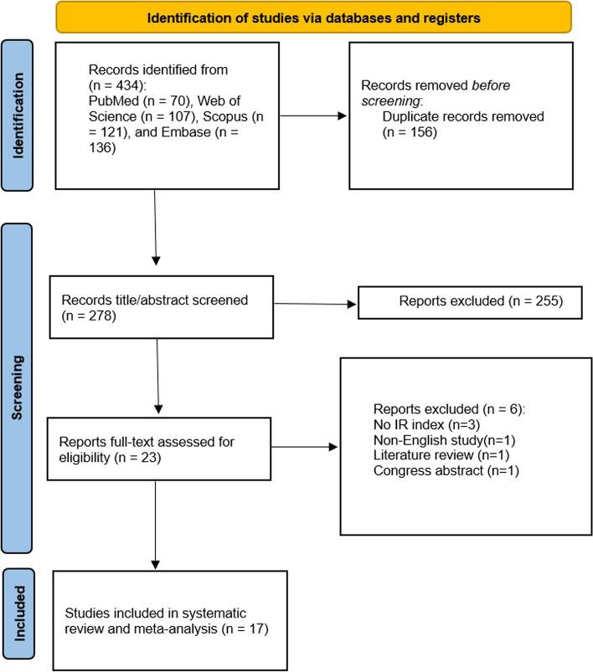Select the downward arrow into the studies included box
[154, 526]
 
